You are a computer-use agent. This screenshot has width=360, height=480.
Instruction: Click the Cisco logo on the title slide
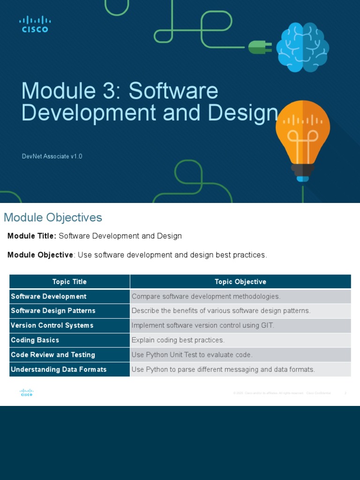tap(35, 24)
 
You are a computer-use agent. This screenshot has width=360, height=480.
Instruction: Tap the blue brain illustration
tap(302, 47)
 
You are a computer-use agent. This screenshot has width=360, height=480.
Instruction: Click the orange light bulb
tap(302, 136)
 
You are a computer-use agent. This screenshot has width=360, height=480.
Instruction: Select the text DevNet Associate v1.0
tap(52, 156)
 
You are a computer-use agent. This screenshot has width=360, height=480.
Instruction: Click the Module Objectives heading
tap(53, 217)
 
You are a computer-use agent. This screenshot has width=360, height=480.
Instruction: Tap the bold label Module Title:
tap(32, 236)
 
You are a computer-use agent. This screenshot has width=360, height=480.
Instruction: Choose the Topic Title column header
tap(69, 282)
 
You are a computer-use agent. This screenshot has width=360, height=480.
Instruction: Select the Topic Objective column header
tap(240, 282)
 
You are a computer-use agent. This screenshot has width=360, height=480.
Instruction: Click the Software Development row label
tap(49, 296)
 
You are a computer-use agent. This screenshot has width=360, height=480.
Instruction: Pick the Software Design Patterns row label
tap(53, 311)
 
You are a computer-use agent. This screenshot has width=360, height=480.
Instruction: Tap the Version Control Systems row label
tap(52, 325)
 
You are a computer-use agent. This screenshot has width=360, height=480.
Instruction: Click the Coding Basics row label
tap(35, 340)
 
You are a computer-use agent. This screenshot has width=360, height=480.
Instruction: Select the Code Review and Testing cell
tap(53, 355)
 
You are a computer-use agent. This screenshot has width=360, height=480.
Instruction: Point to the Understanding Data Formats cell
tap(59, 369)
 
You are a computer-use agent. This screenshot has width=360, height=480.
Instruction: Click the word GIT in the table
tap(267, 325)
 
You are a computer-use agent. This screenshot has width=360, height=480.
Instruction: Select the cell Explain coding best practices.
tap(178, 340)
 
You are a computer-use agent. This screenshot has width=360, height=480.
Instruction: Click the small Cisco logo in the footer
tap(27, 393)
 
